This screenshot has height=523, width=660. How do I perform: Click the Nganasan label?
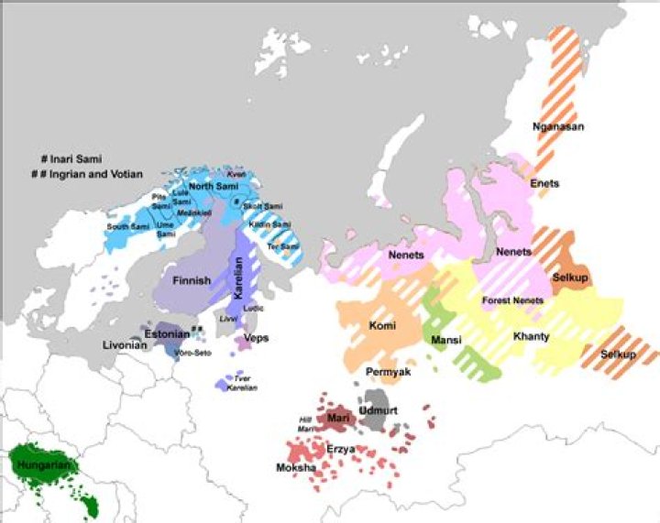click(558, 126)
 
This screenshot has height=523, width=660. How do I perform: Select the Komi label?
click(381, 324)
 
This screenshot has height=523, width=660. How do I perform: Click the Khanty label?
click(531, 336)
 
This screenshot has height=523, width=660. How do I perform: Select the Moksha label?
click(295, 468)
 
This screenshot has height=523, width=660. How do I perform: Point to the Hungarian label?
click(42, 465)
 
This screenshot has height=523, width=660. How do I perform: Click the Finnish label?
click(192, 279)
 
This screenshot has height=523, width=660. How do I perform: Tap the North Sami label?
click(214, 186)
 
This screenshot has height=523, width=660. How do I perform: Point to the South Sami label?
click(127, 225)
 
